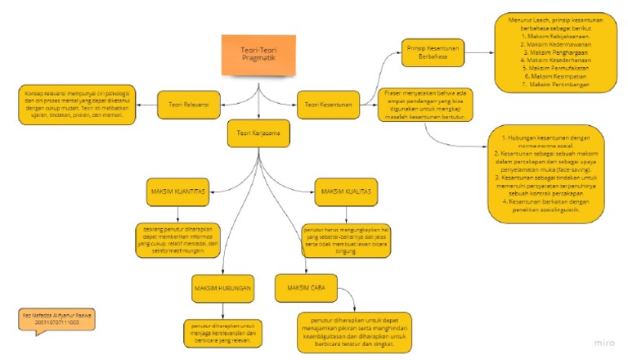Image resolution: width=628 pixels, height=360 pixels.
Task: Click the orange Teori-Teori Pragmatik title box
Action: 258,56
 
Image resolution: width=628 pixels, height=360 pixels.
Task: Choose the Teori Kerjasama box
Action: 258,134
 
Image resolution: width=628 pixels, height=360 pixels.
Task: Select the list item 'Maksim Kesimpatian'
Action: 550,75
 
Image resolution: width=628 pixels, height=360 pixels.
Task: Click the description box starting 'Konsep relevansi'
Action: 75,103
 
